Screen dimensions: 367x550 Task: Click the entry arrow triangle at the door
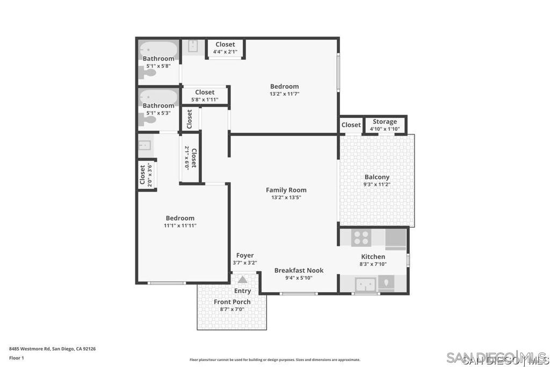(243, 279)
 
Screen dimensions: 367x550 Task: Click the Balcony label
(377, 177)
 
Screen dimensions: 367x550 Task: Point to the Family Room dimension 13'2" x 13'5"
(286, 197)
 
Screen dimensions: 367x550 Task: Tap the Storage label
(385, 122)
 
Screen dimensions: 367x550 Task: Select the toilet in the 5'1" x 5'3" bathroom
(147, 119)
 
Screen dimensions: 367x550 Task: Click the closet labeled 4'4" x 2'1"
(225, 48)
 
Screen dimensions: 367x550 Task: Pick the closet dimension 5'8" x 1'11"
(205, 100)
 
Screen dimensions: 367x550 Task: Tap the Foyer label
(245, 255)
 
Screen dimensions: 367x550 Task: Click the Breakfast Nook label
(299, 270)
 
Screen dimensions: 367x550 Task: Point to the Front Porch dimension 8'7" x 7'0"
(232, 309)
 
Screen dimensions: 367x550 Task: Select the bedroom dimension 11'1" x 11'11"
(180, 225)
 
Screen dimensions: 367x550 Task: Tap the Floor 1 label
(17, 357)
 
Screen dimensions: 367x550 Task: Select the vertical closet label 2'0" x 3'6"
(146, 174)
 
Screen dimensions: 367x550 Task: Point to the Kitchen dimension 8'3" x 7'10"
(373, 264)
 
